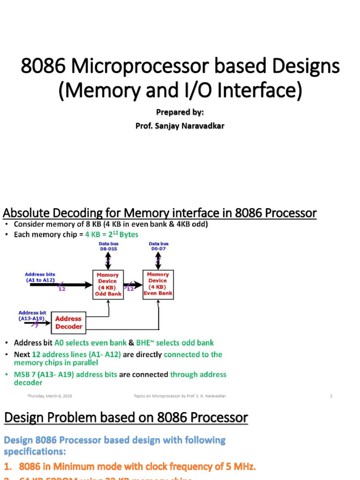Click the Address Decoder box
coord(68,322)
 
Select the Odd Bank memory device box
coord(108,285)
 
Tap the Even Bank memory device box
coord(158,284)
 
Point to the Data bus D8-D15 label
coord(108,246)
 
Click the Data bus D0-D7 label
coord(158,246)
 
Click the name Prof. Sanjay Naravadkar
coord(180,126)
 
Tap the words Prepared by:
coord(180,112)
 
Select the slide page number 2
coord(331,396)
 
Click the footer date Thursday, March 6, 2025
coord(50,396)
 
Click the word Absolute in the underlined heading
coord(29,213)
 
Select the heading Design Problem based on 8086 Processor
coord(126,418)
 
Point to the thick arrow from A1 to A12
coord(61,285)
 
